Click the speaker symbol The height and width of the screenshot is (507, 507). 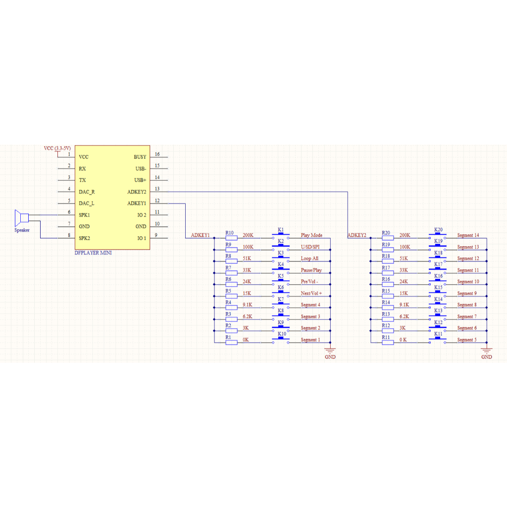[22, 218]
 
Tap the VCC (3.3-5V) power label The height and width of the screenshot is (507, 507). [57, 149]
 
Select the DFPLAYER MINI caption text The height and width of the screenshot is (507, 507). [93, 253]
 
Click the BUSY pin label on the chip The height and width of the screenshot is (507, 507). [140, 157]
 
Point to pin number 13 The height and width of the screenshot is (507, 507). [157, 189]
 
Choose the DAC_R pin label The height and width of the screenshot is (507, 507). [87, 192]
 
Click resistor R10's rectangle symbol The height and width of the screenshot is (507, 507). [231, 238]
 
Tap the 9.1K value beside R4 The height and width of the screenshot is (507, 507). [248, 305]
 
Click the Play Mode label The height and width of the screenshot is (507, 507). [311, 235]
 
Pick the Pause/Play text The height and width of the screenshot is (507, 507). [311, 270]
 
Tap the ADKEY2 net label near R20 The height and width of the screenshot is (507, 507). [357, 235]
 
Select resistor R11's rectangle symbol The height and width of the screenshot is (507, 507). [388, 342]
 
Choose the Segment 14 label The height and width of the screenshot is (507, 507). [468, 235]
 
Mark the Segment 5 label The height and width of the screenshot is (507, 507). [468, 340]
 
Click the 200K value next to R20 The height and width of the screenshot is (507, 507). [405, 235]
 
